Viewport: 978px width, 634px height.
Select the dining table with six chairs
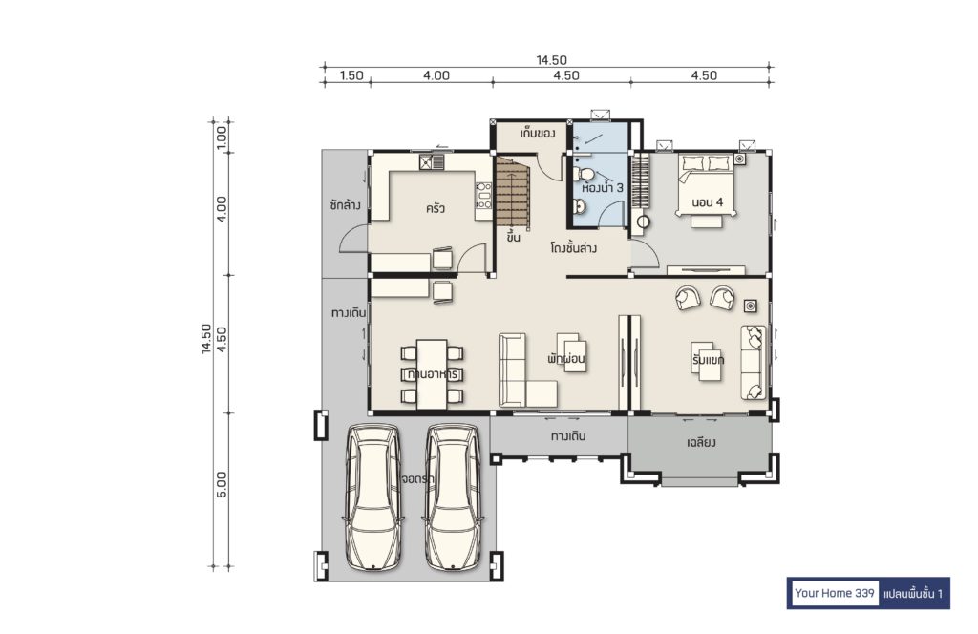(x=432, y=374)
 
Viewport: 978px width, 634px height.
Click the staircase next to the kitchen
(x=513, y=192)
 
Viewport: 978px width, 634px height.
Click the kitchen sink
(x=432, y=162)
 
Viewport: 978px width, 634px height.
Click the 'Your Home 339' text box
(x=834, y=593)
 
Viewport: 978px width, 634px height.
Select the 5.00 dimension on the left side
(x=222, y=484)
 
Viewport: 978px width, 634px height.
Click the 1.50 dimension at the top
(x=351, y=75)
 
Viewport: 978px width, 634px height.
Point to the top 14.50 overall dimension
(x=551, y=60)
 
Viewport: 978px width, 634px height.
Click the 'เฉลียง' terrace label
(x=701, y=443)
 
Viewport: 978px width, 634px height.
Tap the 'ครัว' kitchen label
(x=435, y=208)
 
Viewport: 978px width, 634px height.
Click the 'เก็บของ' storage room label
(x=538, y=134)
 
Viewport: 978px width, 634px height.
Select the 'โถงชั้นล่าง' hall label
(x=574, y=248)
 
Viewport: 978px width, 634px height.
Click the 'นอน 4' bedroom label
(x=708, y=202)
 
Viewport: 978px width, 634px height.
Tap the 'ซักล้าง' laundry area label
(x=346, y=204)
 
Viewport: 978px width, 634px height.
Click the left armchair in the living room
(x=688, y=297)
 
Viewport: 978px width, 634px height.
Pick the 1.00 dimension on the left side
(x=222, y=137)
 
